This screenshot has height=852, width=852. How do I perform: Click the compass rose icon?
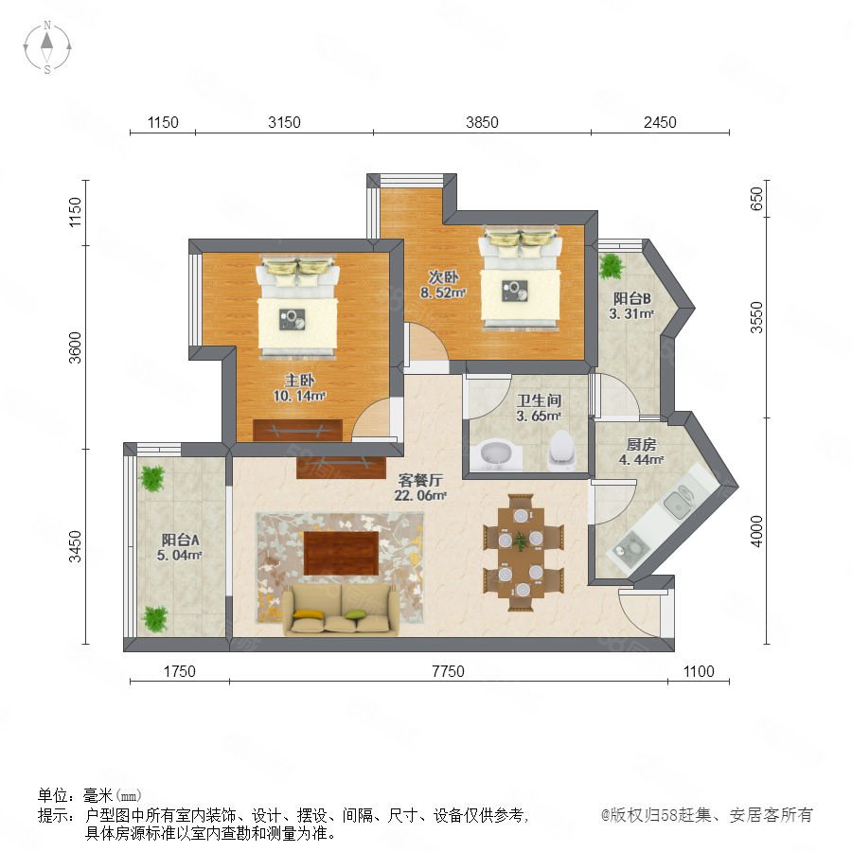[47, 46]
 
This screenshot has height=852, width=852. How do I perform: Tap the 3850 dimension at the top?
[482, 122]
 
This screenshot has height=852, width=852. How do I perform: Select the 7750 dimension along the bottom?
[449, 671]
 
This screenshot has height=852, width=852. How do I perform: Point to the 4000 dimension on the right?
[756, 531]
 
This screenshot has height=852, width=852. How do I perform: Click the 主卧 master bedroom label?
[299, 381]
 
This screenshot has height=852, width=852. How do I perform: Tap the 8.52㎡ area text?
[443, 293]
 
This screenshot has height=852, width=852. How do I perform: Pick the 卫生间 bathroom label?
[539, 401]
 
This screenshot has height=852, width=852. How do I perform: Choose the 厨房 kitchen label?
[641, 445]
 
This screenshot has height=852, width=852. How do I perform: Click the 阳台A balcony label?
[180, 540]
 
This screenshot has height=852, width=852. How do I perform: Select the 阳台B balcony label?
[631, 298]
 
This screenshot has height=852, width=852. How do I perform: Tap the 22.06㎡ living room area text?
[420, 495]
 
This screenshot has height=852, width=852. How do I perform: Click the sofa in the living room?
[341, 610]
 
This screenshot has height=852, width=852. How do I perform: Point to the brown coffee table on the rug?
[341, 553]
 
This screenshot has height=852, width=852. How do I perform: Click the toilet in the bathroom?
[561, 450]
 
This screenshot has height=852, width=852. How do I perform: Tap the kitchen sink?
[678, 501]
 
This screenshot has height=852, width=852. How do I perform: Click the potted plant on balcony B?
[612, 266]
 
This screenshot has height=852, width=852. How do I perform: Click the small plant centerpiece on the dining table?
[521, 541]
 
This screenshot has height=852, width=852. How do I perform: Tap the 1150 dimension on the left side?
[75, 212]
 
